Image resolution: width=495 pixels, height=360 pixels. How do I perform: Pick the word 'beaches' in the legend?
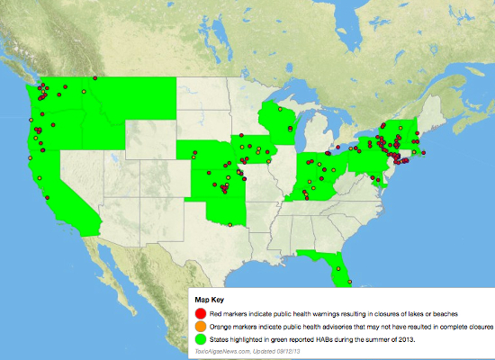coord(452,311)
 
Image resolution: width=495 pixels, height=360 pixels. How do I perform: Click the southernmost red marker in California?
coord(46,198)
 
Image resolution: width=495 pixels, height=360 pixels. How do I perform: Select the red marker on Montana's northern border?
coord(94,78)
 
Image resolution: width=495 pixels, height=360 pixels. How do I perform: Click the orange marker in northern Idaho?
coord(83,91)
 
